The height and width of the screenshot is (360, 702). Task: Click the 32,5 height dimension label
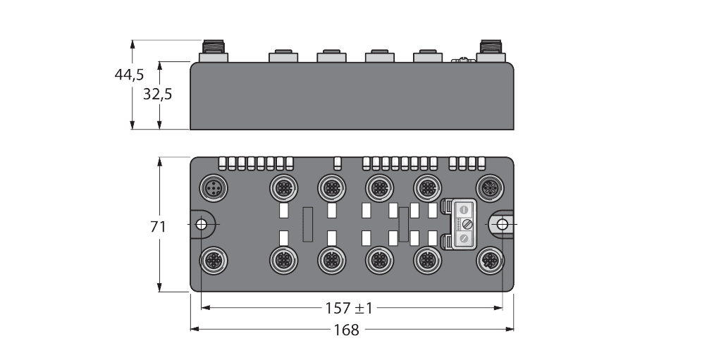pyautogui.click(x=157, y=94)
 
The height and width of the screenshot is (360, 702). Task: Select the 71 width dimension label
pyautogui.click(x=158, y=226)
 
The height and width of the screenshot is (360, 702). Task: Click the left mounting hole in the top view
pyautogui.click(x=201, y=224)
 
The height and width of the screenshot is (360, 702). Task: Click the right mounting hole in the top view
pyautogui.click(x=502, y=224)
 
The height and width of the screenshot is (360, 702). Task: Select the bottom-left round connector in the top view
pyautogui.click(x=212, y=261)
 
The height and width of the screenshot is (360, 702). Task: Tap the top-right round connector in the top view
pyautogui.click(x=489, y=187)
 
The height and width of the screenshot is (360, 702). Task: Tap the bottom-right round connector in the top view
pyautogui.click(x=489, y=261)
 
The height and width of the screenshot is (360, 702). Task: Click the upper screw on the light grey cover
pyautogui.click(x=464, y=210)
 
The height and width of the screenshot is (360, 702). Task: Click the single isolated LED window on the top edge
pyautogui.click(x=337, y=163)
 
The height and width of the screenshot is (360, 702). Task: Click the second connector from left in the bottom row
pyautogui.click(x=282, y=261)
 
